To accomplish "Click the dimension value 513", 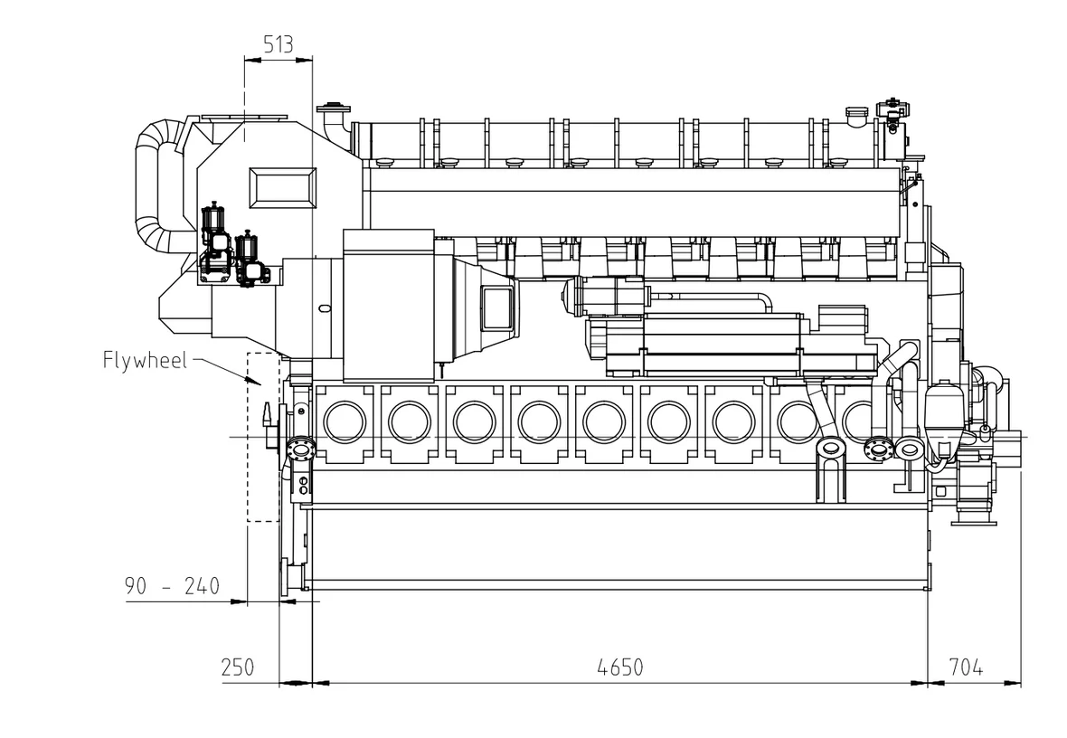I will coord(278,45).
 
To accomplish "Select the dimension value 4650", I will coord(620,667).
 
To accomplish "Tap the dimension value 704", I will coord(965,667).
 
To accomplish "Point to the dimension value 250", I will coord(238,667).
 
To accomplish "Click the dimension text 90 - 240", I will coord(172,586).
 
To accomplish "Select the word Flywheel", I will coord(145,360).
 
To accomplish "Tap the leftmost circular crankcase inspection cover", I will coord(345,421).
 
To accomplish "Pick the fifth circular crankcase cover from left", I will coord(604,421).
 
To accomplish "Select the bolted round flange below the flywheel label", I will coord(298,449).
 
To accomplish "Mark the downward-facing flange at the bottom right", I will coord(975,521).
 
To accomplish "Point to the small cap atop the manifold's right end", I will coord(855,114).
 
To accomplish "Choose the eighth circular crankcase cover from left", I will coord(798,421).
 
